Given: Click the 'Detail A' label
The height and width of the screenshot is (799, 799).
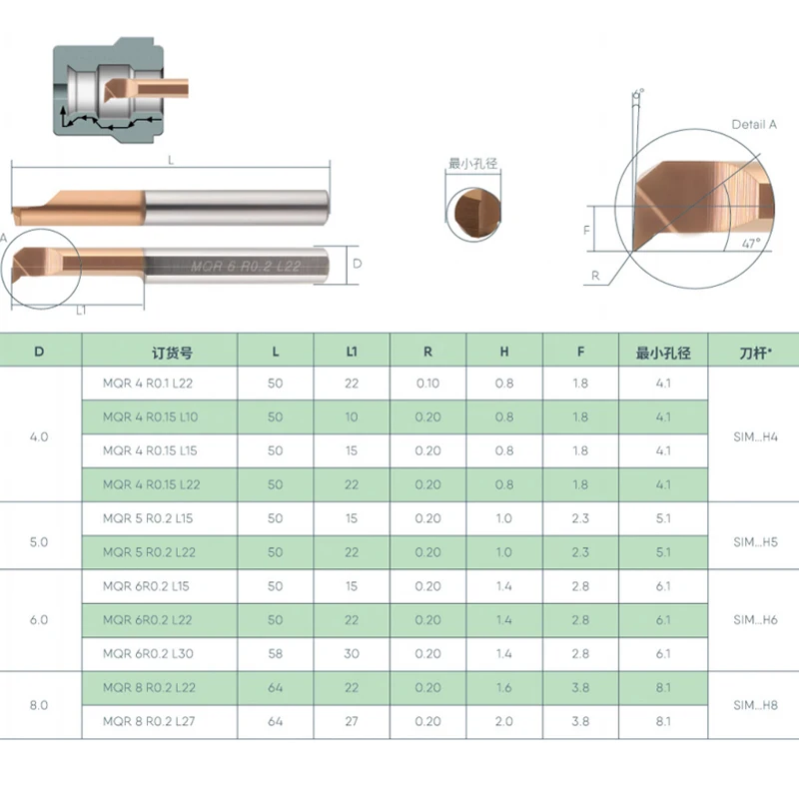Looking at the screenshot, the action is click(754, 124).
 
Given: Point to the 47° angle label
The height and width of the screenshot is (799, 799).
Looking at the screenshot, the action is click(751, 243).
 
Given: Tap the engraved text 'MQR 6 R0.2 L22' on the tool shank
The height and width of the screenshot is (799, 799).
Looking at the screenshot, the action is click(245, 266).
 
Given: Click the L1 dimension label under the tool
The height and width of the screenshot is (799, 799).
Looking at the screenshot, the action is click(81, 311).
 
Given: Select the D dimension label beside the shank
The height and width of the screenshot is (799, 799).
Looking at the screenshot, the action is click(358, 264).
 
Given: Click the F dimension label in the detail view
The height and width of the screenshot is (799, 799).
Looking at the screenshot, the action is click(586, 231).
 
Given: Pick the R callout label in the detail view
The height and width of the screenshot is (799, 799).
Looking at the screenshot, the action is click(595, 276).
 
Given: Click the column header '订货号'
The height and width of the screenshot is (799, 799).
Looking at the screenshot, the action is click(172, 353).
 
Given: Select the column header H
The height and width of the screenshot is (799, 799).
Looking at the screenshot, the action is click(504, 352).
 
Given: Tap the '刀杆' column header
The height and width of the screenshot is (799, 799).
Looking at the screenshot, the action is click(755, 353).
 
